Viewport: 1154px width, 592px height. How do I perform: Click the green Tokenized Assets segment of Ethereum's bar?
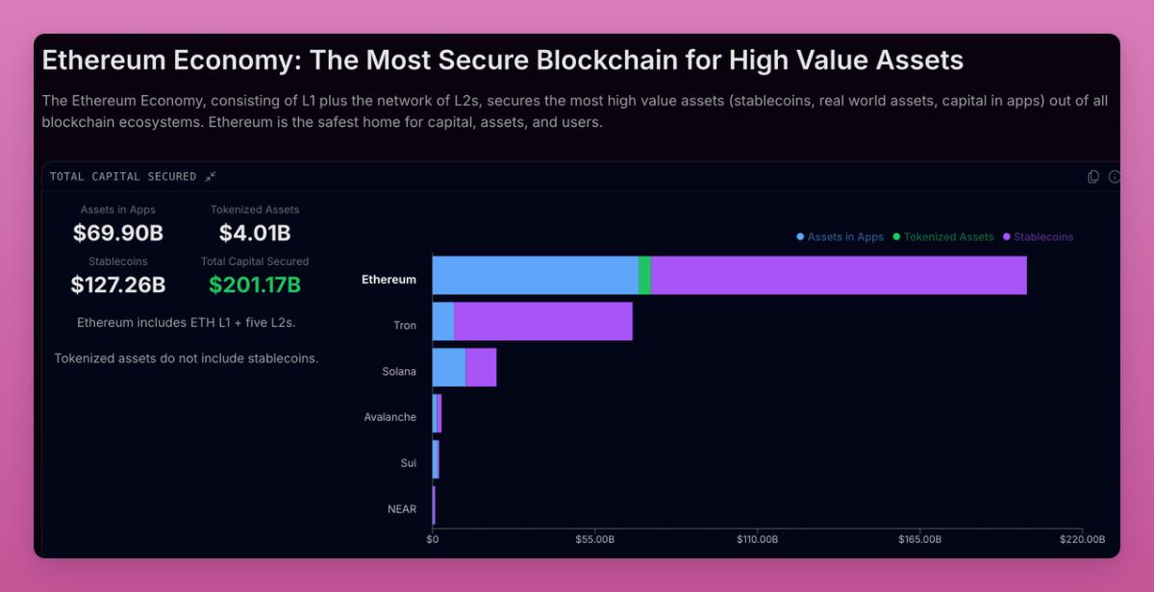point(644,276)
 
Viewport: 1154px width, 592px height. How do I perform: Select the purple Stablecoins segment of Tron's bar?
point(543,321)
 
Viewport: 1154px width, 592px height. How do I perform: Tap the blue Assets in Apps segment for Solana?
point(449,367)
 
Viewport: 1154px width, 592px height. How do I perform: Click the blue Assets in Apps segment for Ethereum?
point(536,276)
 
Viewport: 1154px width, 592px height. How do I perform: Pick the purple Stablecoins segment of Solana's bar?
point(481,367)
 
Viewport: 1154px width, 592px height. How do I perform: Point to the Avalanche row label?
point(390,417)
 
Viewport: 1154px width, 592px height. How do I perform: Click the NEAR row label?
point(402,508)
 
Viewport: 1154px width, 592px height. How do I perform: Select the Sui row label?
point(409,463)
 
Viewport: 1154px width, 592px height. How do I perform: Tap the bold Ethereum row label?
point(389,280)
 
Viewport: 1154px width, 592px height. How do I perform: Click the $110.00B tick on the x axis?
point(757,540)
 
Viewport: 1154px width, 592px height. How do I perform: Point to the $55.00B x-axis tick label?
point(594,540)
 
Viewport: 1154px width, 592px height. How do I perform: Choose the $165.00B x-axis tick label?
point(919,540)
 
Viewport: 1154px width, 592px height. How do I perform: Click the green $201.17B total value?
point(255,284)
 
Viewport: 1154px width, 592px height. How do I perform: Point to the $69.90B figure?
point(118,233)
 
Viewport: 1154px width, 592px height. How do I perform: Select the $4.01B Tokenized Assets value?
point(255,233)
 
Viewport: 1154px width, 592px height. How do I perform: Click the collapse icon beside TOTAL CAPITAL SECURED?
point(211,177)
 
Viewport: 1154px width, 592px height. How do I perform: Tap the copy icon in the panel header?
point(1092,177)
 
